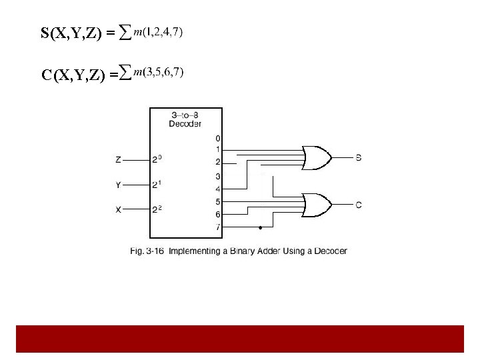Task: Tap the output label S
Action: [x=359, y=158]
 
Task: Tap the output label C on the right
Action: [x=359, y=205]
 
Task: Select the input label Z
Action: [x=118, y=160]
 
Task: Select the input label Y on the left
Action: [x=118, y=185]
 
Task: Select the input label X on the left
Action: [x=118, y=209]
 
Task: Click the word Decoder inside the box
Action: [x=185, y=123]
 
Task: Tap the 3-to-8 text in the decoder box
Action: [x=185, y=115]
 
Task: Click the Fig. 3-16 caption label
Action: [x=145, y=251]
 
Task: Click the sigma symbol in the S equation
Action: [x=124, y=33]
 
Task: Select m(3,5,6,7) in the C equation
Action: [x=159, y=71]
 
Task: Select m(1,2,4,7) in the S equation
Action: [x=158, y=31]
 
